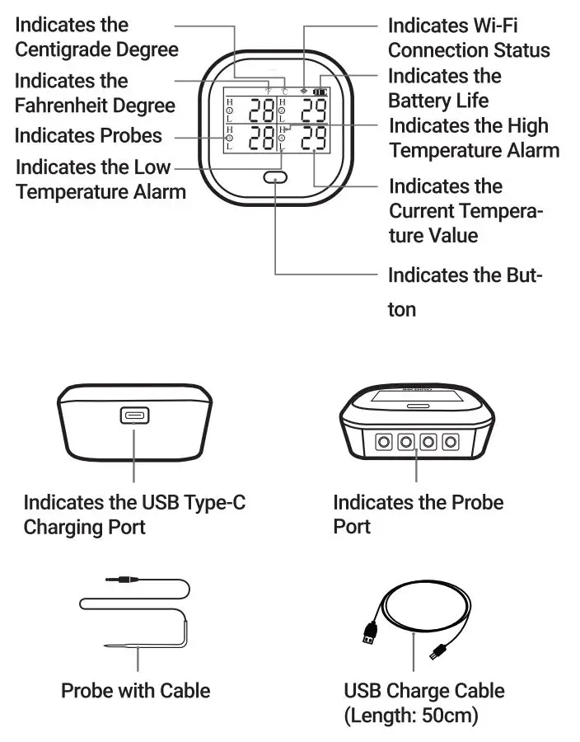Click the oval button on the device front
[x=274, y=177]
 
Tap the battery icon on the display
[x=319, y=92]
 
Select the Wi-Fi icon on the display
[x=303, y=91]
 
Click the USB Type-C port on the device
[x=133, y=416]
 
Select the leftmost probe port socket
[x=383, y=443]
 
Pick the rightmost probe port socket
[x=450, y=443]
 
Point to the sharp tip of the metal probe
[x=109, y=646]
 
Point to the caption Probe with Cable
[x=135, y=690]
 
